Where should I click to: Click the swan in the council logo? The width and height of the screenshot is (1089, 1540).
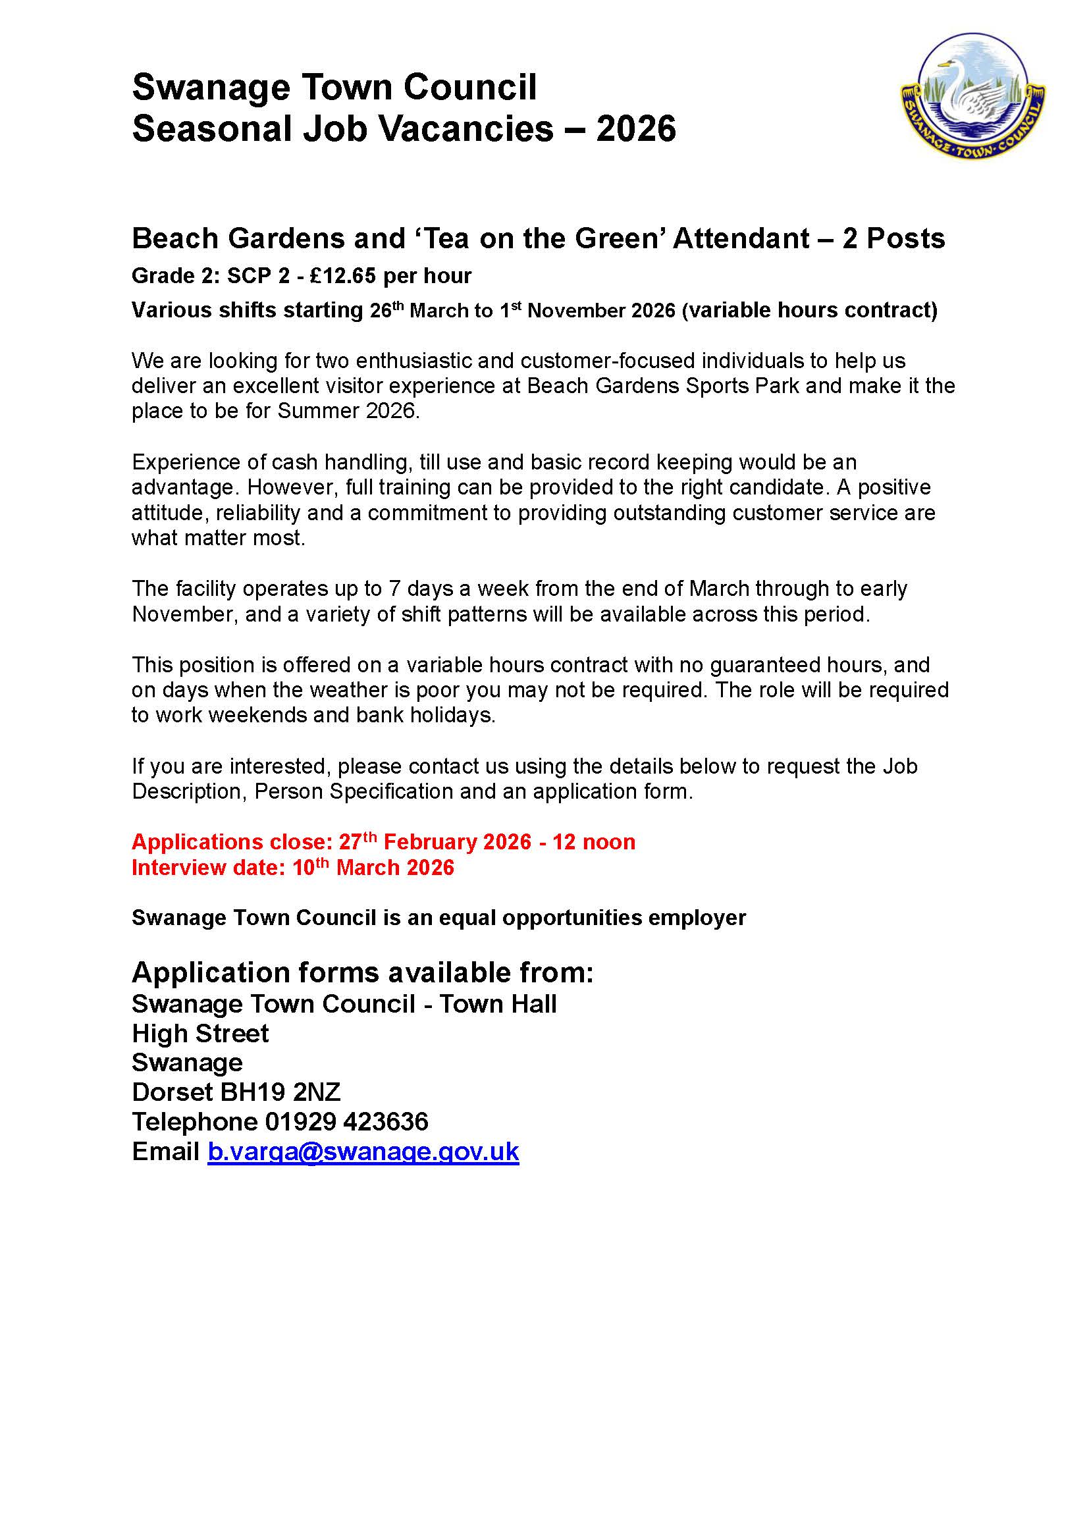tap(969, 95)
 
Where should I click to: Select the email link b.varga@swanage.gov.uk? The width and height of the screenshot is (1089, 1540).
tap(363, 1152)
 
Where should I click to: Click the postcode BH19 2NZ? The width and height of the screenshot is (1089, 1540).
tap(280, 1092)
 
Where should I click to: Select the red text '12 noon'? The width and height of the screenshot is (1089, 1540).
tap(593, 842)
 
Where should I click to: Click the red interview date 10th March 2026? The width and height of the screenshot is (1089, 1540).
tap(373, 868)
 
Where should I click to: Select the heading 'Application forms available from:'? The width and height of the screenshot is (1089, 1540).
tap(362, 972)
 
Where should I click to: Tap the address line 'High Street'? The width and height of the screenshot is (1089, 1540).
tap(200, 1034)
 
